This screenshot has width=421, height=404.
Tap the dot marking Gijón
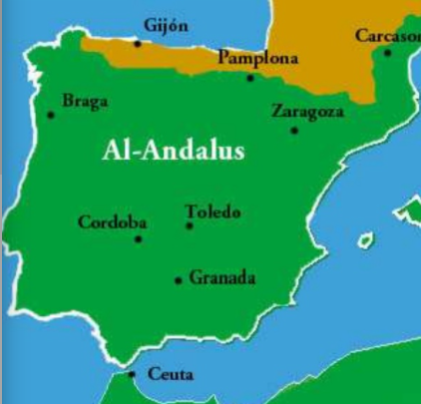point(138,44)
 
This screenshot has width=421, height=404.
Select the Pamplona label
point(257,59)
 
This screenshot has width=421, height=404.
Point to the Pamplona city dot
point(250,77)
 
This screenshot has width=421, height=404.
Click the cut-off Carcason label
point(387,36)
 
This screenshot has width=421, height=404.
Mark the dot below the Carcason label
point(388,52)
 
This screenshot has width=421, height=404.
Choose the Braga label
point(85,100)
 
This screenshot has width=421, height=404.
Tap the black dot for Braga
point(51,115)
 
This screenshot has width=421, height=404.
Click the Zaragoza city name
point(308,111)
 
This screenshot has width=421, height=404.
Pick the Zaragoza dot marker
point(294,130)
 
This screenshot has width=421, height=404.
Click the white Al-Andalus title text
point(173,151)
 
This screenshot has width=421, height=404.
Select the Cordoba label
point(112,221)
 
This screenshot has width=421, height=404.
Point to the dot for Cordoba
point(138,238)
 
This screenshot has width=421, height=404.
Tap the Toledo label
point(212,211)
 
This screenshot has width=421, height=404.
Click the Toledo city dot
point(190,225)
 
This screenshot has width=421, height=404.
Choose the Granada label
point(221,278)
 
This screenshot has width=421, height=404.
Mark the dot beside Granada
point(179,280)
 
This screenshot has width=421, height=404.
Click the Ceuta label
point(170,375)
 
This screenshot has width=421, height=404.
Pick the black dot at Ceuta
point(132,374)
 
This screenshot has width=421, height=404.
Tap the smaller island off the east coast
point(366,240)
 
